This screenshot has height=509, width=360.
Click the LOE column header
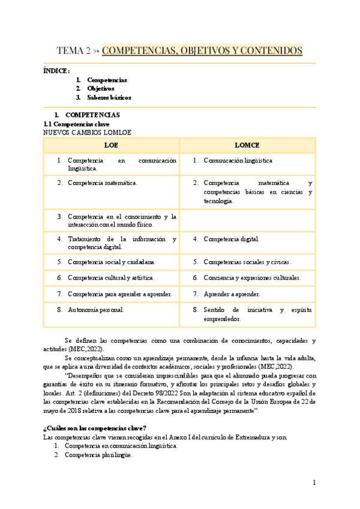click(x=111, y=145)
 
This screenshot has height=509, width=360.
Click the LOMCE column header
click(x=247, y=145)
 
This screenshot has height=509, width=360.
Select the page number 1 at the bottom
click(x=314, y=483)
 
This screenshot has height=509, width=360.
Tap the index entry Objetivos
click(x=100, y=88)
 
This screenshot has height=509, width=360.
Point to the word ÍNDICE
click(x=56, y=71)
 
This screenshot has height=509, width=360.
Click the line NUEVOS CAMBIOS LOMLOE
click(x=87, y=132)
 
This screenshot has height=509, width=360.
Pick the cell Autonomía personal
click(x=96, y=310)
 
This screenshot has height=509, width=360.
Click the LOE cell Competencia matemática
click(x=103, y=182)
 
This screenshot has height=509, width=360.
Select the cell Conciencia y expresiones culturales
click(x=252, y=278)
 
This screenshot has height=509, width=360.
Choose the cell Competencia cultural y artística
click(x=111, y=278)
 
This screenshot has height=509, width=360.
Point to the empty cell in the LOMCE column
click(x=247, y=220)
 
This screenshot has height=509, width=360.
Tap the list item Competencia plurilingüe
click(x=98, y=455)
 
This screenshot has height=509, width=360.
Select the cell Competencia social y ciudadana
click(x=112, y=262)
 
